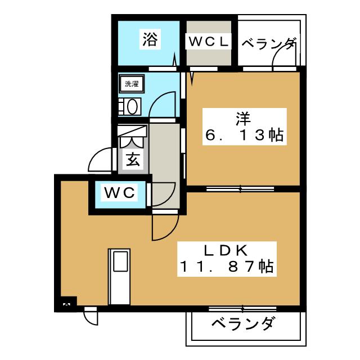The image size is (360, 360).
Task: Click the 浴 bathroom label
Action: (x=149, y=40)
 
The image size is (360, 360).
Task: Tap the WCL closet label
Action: (x=208, y=41)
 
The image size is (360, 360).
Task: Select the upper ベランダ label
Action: (x=268, y=43)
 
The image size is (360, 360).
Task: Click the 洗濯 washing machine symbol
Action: (x=132, y=84)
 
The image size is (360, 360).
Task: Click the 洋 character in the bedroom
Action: (x=243, y=120)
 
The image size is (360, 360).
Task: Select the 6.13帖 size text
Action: (x=243, y=137)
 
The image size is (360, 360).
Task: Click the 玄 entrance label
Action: (x=133, y=161)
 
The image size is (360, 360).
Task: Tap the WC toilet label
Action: (x=120, y=193)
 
